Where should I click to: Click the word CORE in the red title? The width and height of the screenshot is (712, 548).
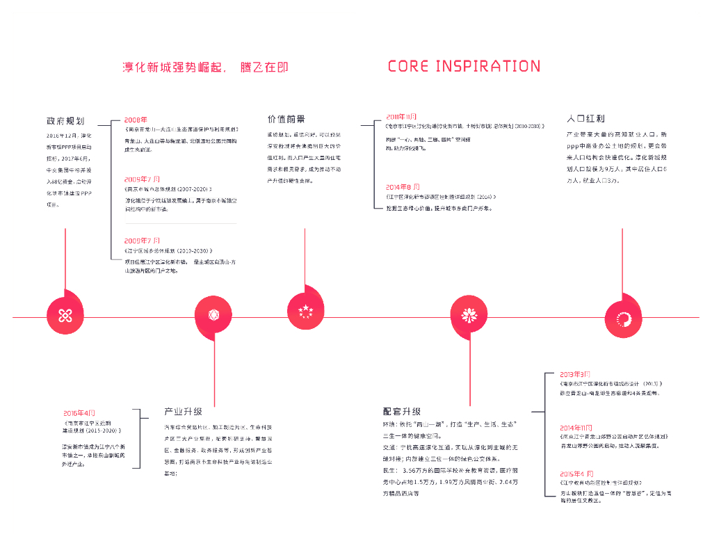click(407, 66)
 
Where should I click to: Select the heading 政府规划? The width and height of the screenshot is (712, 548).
click(65, 120)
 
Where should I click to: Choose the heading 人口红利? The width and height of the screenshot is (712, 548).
click(585, 119)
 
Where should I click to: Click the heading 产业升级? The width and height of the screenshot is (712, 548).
click(183, 411)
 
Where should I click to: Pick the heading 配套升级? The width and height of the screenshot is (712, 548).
click(401, 411)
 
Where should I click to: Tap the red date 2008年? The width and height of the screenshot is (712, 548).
click(136, 120)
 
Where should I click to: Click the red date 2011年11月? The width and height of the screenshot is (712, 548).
click(401, 116)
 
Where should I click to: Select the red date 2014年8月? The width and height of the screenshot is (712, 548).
click(403, 187)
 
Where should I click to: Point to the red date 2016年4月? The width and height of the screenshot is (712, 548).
click(79, 412)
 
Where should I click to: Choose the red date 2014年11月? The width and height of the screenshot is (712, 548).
click(576, 427)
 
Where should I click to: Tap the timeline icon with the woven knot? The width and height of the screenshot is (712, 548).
click(65, 316)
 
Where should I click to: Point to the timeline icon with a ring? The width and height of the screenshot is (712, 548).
click(623, 317)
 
